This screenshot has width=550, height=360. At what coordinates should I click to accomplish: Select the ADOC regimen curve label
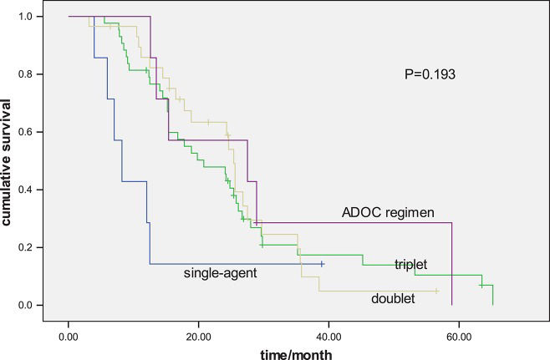click(388, 213)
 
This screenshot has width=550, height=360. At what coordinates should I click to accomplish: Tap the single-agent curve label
click(219, 272)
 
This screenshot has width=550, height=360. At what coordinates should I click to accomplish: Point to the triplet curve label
click(410, 265)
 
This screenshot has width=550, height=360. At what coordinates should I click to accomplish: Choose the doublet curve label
click(392, 297)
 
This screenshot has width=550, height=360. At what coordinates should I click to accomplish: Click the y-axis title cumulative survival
click(8, 160)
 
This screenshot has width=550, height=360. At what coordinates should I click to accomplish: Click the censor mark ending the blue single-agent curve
click(322, 264)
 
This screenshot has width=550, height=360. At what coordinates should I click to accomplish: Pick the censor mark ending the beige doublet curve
click(437, 291)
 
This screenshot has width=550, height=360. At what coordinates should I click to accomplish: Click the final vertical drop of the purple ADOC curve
click(451, 264)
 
